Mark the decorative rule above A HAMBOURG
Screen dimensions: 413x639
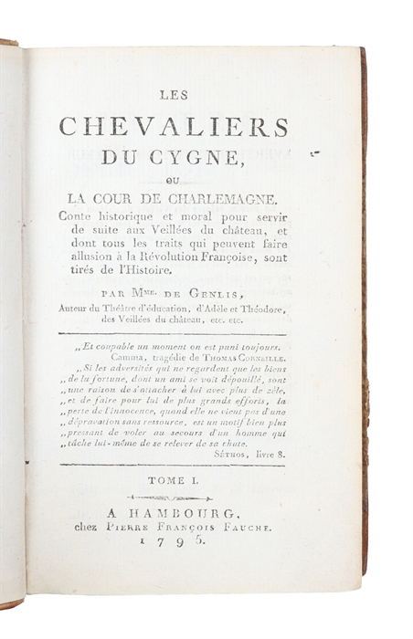coord(172,498)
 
